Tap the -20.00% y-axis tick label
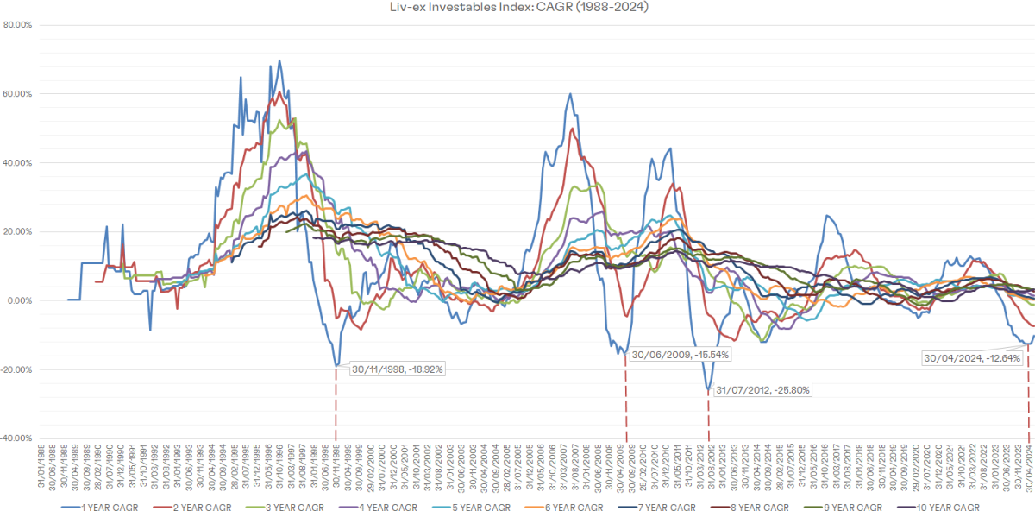17,370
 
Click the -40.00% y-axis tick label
17,438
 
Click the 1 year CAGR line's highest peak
279,61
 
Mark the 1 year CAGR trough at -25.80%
708,389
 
